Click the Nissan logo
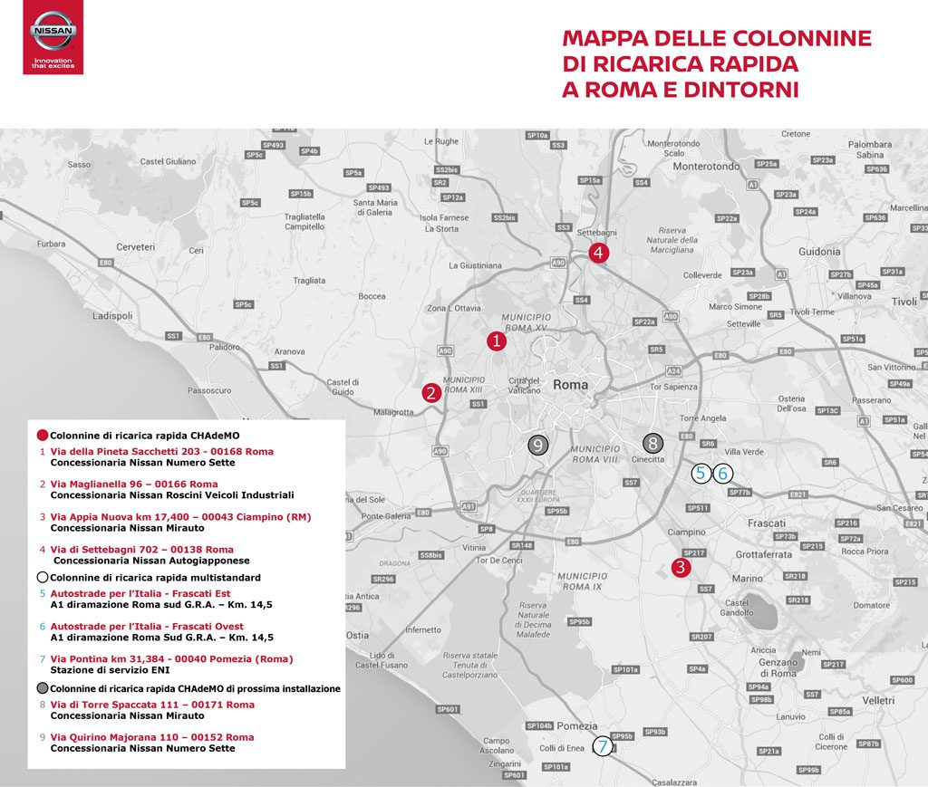click(x=53, y=37)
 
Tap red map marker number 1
click(x=496, y=341)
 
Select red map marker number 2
click(x=431, y=393)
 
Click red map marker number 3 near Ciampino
click(x=681, y=568)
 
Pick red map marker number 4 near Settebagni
click(x=597, y=254)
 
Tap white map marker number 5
click(x=701, y=473)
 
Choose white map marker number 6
click(x=722, y=473)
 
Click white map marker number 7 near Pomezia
click(x=603, y=746)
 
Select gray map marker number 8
click(x=652, y=443)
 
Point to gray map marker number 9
click(x=537, y=445)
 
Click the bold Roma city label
click(x=570, y=385)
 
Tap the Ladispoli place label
click(x=112, y=316)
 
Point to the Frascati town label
click(x=767, y=524)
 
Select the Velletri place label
click(x=877, y=700)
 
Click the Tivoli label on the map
click(x=904, y=302)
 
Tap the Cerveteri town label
click(x=136, y=246)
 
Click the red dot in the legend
click(x=42, y=434)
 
